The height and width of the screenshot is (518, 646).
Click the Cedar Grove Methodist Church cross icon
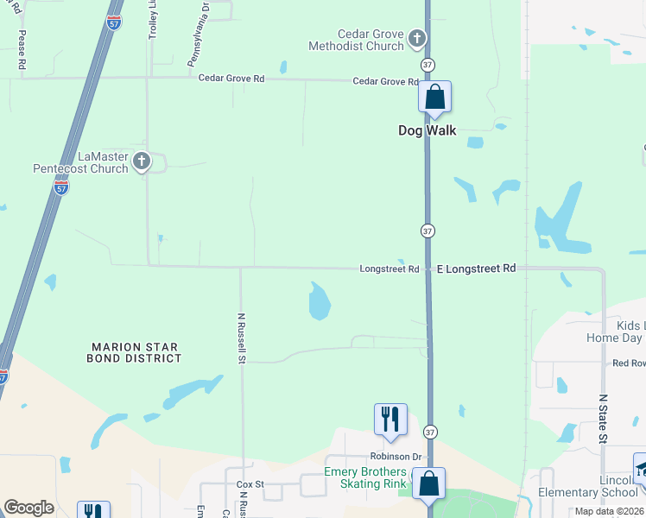[x=417, y=38]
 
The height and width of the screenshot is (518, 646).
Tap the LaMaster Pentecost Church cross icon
[x=142, y=161]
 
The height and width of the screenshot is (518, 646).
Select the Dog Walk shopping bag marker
[x=434, y=98]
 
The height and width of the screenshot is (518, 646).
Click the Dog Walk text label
[x=427, y=131]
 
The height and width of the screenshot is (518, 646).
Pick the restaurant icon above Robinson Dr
[x=390, y=420]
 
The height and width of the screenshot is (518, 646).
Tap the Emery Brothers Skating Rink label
[x=364, y=477]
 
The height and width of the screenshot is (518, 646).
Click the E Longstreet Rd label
[x=476, y=269]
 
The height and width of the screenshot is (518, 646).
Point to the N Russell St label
[x=243, y=337]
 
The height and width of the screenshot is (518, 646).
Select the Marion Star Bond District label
[x=136, y=351]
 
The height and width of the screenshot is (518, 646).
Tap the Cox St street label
[x=250, y=485]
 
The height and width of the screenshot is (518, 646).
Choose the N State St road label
[x=604, y=414]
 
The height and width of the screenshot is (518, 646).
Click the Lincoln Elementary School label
[x=605, y=486]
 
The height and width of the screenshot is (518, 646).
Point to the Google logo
[x=28, y=508]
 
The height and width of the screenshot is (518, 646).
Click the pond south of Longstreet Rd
[x=319, y=301]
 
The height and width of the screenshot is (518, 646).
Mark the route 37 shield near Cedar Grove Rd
[x=427, y=65]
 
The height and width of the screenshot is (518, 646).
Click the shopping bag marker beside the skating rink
[x=428, y=484]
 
